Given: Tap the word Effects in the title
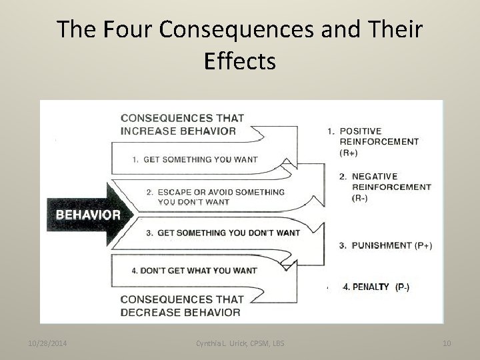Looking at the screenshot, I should [x=240, y=61].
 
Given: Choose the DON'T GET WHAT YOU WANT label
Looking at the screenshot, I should [x=194, y=271].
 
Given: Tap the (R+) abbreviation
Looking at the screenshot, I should [x=349, y=153].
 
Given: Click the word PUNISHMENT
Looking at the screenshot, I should [x=381, y=245].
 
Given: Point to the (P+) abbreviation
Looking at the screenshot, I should [x=423, y=245].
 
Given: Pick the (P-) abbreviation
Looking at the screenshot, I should [x=403, y=287].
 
